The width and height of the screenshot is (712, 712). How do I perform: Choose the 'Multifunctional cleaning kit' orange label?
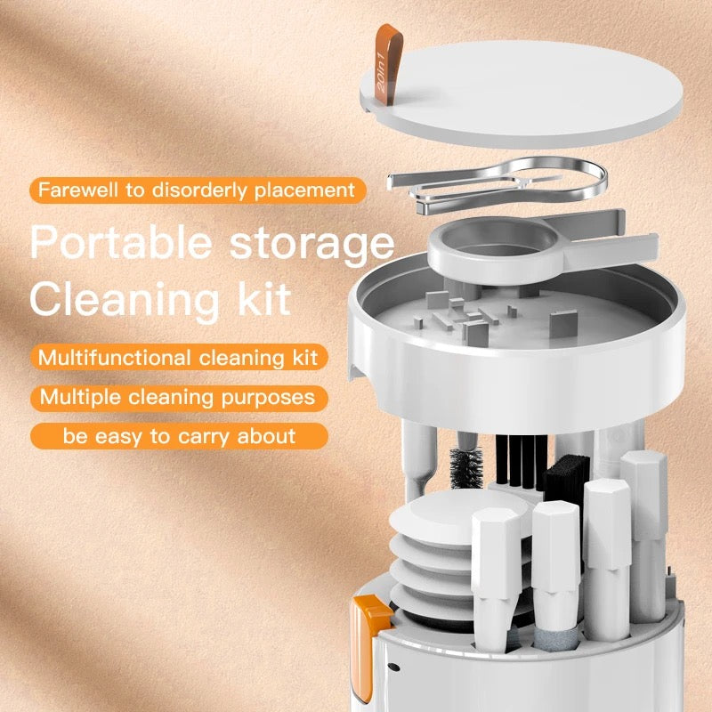coord(179,358)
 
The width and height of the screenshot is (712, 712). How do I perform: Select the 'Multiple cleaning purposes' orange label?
coord(179,396)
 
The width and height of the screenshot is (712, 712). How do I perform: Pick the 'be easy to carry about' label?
coord(179,435)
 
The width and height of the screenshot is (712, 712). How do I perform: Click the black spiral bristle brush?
coord(465,468)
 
